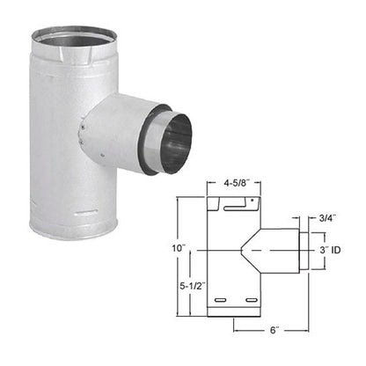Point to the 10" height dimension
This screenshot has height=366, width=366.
[179, 249]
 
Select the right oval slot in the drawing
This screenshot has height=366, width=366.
[252, 303]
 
